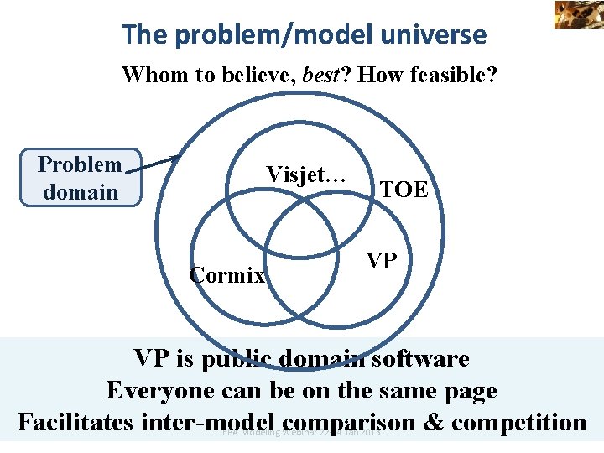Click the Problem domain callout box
pyautogui.click(x=81, y=178)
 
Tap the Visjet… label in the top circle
pyautogui.click(x=305, y=174)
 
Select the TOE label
pyautogui.click(x=404, y=190)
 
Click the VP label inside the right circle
pyautogui.click(x=382, y=261)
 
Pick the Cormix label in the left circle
pyautogui.click(x=227, y=275)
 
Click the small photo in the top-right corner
pyautogui.click(x=578, y=13)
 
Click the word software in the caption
pyautogui.click(x=423, y=359)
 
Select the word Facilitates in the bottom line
pyautogui.click(x=75, y=421)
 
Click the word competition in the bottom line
pyautogui.click(x=520, y=421)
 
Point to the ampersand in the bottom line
pyautogui.click(x=435, y=421)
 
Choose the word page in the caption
pyautogui.click(x=470, y=391)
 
